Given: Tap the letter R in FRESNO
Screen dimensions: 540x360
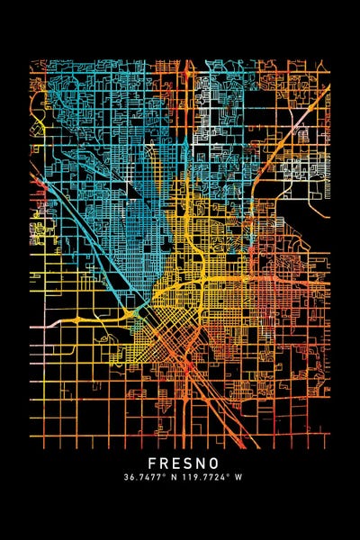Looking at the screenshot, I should [x=153, y=462].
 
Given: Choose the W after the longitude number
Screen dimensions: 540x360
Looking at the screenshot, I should [x=238, y=477].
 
